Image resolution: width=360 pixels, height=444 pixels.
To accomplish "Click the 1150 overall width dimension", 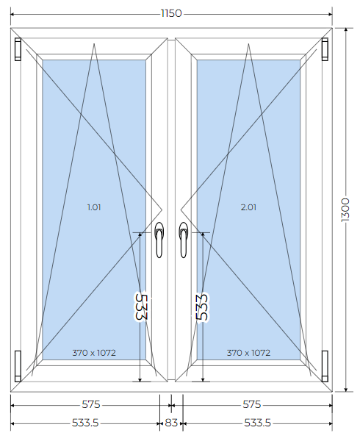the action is point(171,13).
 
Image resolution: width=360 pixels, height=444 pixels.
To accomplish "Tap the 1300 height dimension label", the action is point(345,210).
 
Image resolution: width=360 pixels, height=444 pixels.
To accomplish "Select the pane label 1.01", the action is point(94,207).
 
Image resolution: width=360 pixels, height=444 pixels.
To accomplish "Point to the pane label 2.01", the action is point(248,207).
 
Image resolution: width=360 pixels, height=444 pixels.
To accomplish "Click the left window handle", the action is point(159,240).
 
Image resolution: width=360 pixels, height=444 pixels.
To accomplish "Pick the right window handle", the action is point(184,240).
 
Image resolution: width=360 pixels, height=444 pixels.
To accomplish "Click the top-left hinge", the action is point(18,49).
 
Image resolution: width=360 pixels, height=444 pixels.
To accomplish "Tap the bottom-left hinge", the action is point(18,366).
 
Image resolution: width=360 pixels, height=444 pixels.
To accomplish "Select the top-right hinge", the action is point(325,49).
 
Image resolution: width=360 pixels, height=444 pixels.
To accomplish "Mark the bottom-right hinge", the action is point(325,366).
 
